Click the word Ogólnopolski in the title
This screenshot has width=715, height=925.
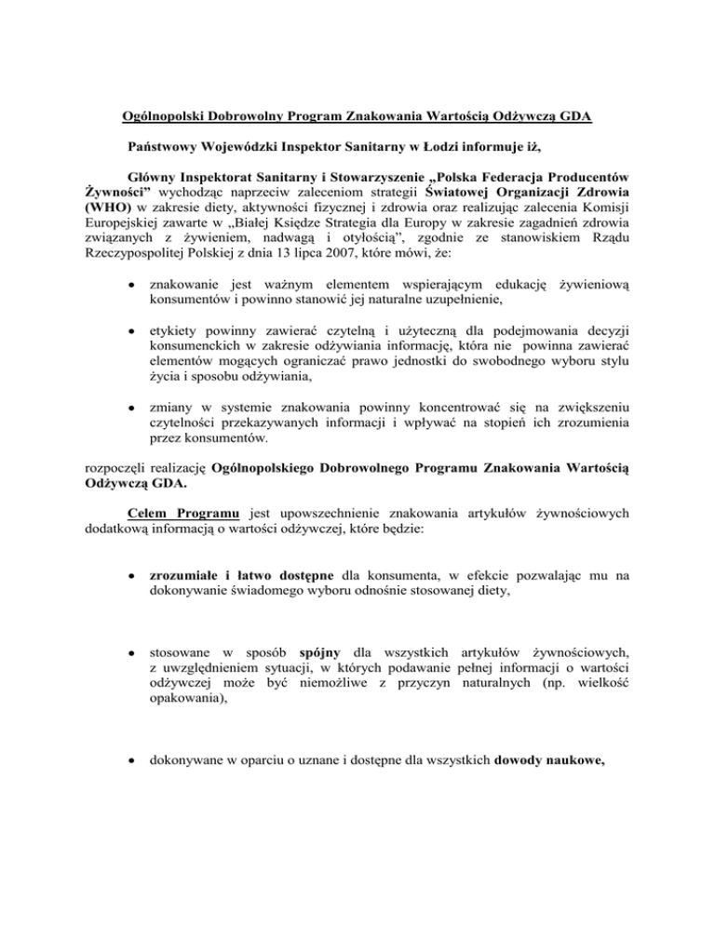click(169, 117)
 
